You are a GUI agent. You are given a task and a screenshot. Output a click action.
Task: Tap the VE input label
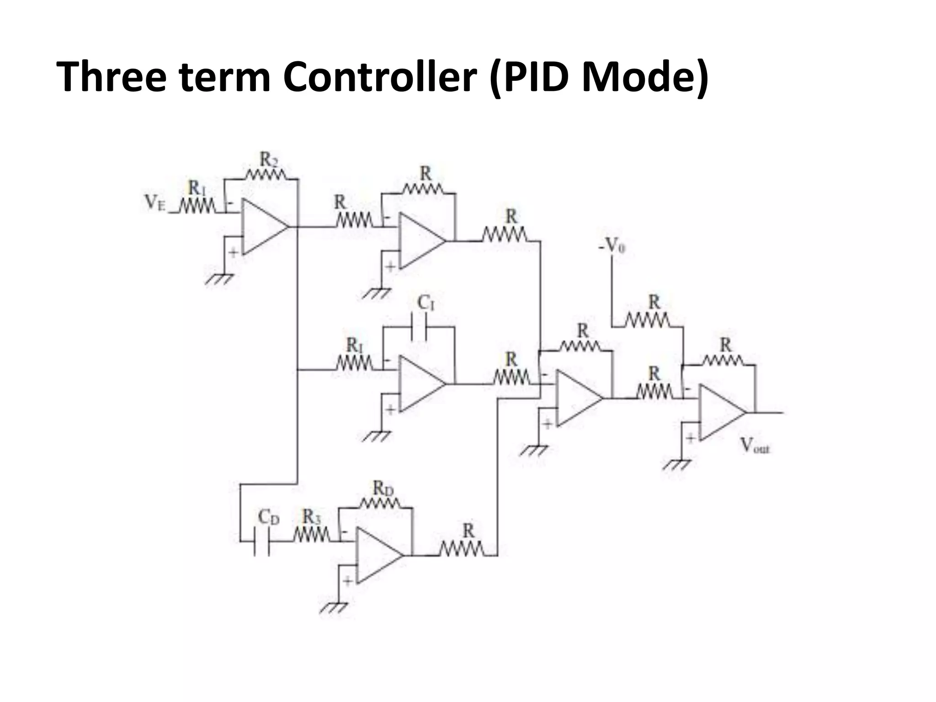[154, 202]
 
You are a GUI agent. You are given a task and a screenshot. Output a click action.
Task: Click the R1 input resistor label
[197, 187]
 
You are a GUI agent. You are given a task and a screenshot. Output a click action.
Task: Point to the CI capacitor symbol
[419, 327]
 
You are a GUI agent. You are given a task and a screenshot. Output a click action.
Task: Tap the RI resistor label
[354, 344]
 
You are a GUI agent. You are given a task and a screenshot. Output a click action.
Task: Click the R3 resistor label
[312, 516]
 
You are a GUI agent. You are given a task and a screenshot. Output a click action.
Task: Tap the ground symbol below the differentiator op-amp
[334, 607]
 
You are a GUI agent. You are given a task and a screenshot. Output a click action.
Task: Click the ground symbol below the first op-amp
[219, 279]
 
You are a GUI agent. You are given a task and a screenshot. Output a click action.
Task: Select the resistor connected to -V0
[647, 320]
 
